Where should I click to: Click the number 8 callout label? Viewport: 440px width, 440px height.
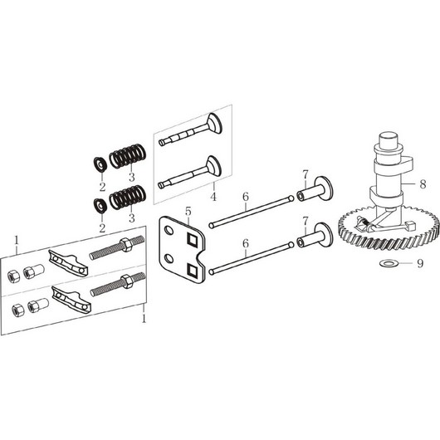(423, 184)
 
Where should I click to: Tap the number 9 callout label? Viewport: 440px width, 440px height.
(420, 263)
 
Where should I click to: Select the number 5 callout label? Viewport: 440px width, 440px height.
(188, 212)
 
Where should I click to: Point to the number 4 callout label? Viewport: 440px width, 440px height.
(213, 197)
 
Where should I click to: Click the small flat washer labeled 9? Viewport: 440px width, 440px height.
(386, 263)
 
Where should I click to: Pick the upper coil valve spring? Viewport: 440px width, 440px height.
(127, 156)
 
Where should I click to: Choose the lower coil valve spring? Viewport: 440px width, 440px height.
(127, 198)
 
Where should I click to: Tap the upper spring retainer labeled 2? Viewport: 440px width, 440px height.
(100, 164)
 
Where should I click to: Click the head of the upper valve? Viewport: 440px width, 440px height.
(215, 122)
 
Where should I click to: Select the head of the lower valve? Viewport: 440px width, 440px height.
(214, 165)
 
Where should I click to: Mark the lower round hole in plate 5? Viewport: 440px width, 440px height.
(169, 258)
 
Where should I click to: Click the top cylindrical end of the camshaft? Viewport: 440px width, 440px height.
(389, 139)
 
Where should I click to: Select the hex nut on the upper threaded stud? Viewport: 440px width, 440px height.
(126, 244)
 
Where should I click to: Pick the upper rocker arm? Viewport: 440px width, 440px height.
(68, 263)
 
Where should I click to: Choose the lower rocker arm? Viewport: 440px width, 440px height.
(71, 299)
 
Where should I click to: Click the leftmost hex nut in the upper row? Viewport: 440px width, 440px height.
(14, 276)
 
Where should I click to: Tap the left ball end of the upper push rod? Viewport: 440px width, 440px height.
(212, 225)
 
